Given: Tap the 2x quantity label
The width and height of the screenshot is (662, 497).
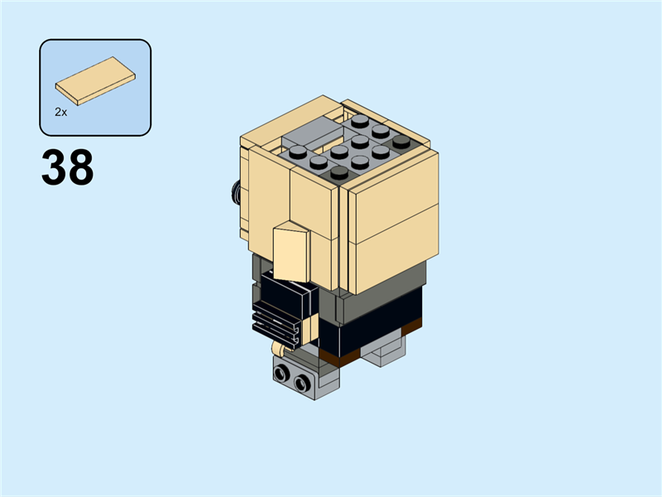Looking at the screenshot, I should click(60, 110).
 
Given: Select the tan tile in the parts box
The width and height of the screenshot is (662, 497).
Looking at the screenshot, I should click(96, 80).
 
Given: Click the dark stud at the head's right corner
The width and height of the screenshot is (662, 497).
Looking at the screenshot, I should click(401, 141).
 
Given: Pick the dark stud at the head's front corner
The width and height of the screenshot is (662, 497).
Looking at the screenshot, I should click(339, 172).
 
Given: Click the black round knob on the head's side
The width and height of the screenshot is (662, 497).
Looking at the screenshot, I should click(235, 192).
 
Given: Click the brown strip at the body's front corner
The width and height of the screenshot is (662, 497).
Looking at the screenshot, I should click(339, 358).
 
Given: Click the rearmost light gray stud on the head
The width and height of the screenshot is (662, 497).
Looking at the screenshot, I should click(360, 121).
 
